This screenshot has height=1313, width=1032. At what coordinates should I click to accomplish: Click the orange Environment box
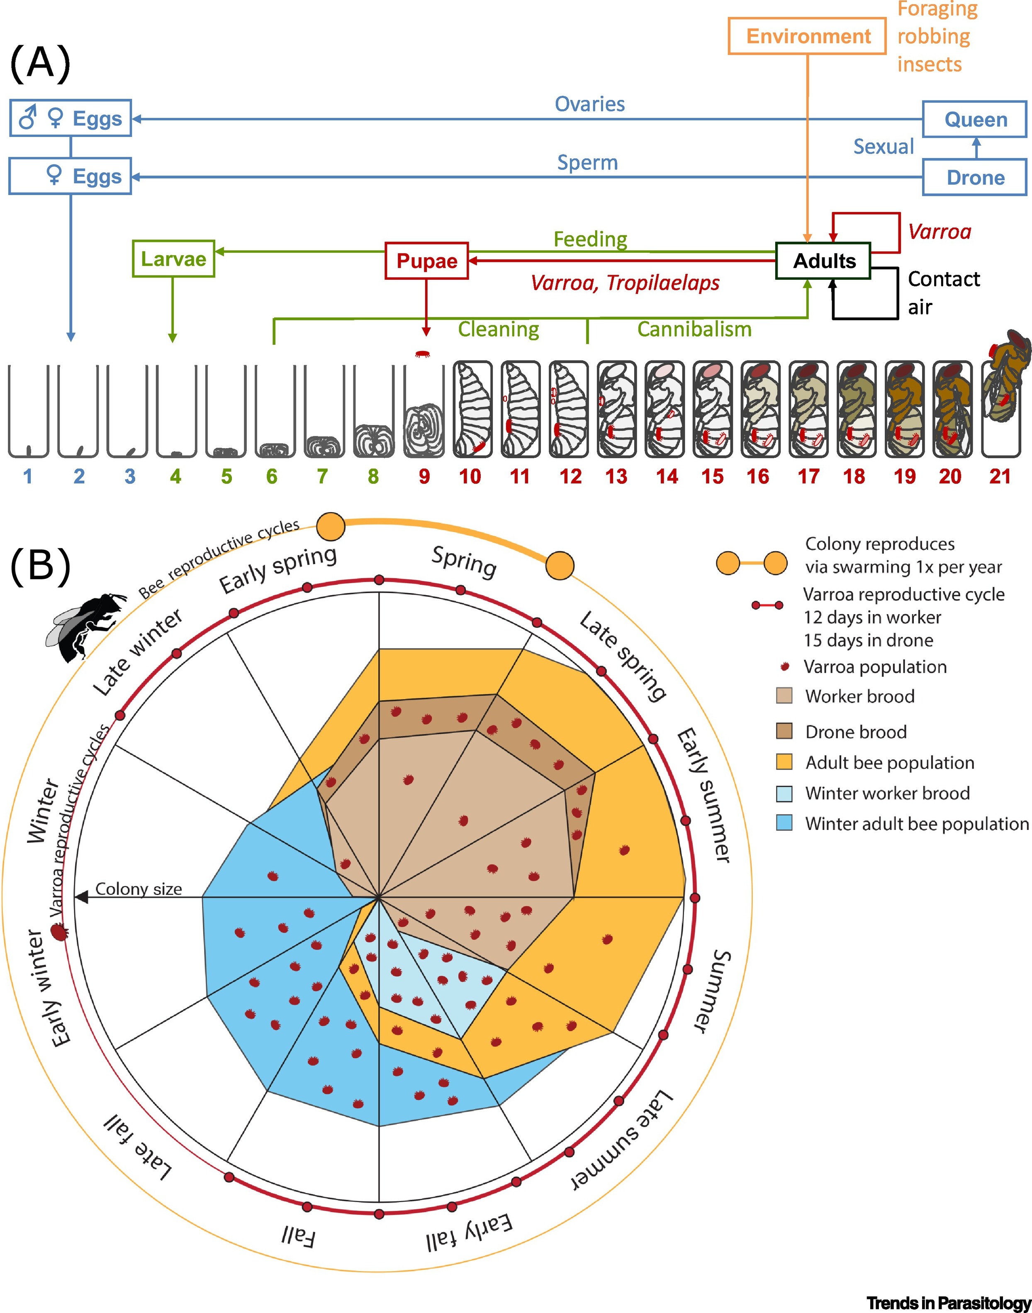point(807,36)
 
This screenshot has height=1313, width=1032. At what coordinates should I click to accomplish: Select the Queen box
point(975,119)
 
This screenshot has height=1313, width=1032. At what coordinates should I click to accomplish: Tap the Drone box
point(975,177)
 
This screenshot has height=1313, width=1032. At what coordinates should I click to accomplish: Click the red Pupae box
point(426,261)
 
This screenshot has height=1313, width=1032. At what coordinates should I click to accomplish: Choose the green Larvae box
point(173,259)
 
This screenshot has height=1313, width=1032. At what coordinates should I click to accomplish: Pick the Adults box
point(823,261)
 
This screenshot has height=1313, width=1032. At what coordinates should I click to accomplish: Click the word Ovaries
point(590,104)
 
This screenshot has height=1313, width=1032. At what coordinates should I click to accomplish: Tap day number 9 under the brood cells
point(424,476)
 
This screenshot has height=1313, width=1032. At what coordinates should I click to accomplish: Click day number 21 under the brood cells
point(1000,476)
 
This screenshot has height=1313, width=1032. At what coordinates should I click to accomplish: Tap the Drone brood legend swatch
point(784,731)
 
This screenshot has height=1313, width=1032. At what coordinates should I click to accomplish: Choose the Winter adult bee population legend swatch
point(784,823)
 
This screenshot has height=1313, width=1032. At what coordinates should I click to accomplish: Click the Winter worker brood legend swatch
point(784,793)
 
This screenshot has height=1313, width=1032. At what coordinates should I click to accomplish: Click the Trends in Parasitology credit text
point(949,1302)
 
